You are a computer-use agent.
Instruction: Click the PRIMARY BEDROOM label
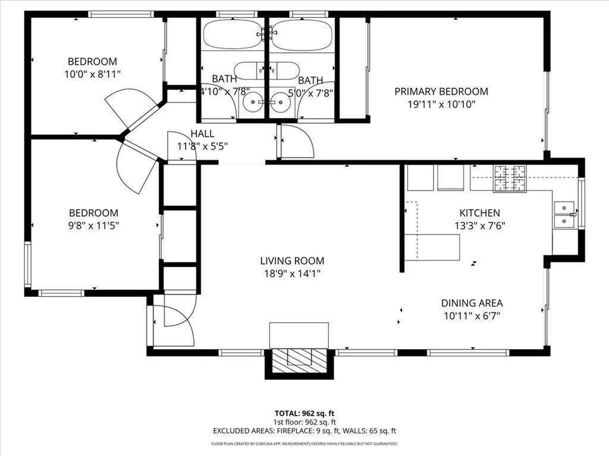pyautogui.click(x=441, y=91)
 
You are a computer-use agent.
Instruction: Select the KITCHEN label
pyautogui.click(x=479, y=213)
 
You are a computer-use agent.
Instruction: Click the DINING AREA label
pyautogui.click(x=472, y=303)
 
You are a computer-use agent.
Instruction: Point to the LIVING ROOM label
pyautogui.click(x=292, y=261)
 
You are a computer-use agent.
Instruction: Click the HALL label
pyautogui.click(x=202, y=134)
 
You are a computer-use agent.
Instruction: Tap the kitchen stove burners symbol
pyautogui.click(x=510, y=179)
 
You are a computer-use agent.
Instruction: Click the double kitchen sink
pyautogui.click(x=564, y=214)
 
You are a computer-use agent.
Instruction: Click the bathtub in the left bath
pyautogui.click(x=233, y=34)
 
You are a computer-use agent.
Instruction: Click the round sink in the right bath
pyautogui.click(x=280, y=102)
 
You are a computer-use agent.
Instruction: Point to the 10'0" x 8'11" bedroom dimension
pyautogui.click(x=92, y=74)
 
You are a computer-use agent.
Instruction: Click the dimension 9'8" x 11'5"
pyautogui.click(x=93, y=226)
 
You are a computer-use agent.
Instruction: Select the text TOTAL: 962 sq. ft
pyautogui.click(x=304, y=413)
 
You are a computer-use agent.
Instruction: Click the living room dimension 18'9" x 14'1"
pyautogui.click(x=292, y=274)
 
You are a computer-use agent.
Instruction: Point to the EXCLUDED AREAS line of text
pyautogui.click(x=304, y=431)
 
